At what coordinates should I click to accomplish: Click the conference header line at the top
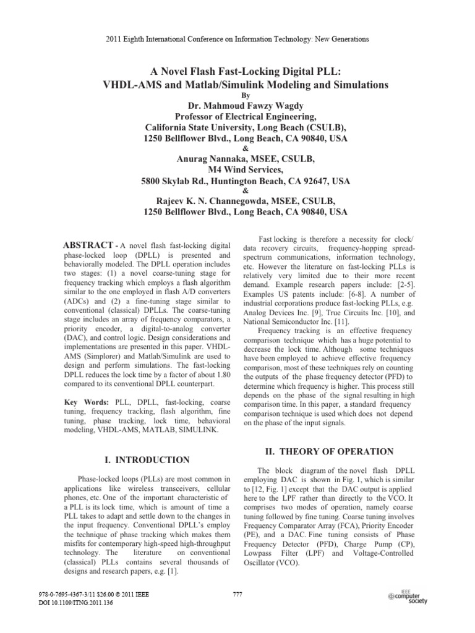click(x=237, y=39)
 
